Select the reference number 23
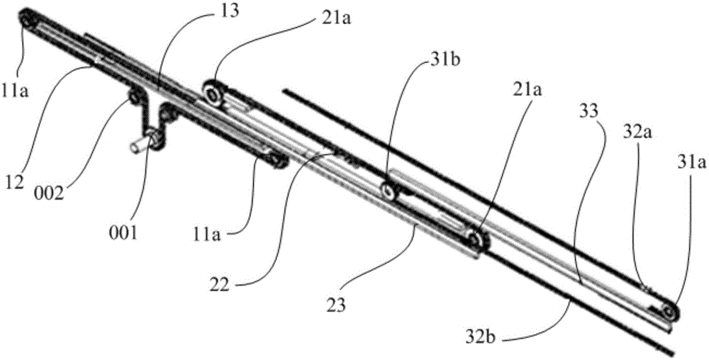point(336,306)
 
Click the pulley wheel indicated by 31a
point(669,311)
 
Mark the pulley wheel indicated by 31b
point(389,191)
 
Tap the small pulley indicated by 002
point(135,96)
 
